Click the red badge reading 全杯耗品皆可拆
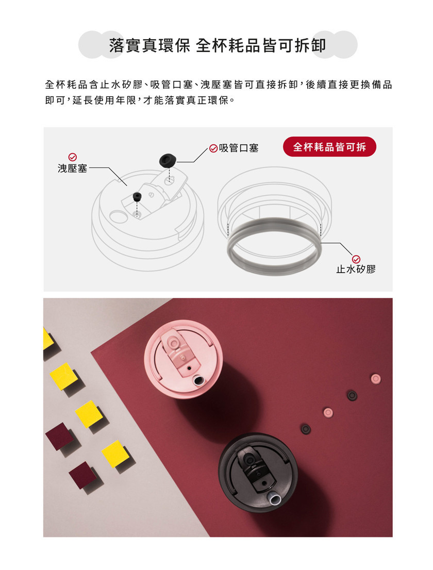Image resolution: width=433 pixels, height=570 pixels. pos(329,147)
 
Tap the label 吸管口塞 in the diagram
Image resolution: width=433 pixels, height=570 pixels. pos(239,148)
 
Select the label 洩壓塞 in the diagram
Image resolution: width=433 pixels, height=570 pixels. pos(72,169)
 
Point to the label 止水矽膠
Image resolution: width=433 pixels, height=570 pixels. pos(356,270)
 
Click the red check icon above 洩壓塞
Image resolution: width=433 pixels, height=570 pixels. pos(73,157)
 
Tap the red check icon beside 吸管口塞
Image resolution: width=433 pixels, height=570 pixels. pos(213,148)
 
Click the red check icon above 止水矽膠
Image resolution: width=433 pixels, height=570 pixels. pos(356,259)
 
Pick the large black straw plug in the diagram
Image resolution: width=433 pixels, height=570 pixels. pos(167,160)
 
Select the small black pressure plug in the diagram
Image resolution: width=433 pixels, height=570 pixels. pos(137,196)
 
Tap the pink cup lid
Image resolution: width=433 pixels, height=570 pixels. pos(183,359)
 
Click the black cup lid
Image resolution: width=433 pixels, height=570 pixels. pos(258,473)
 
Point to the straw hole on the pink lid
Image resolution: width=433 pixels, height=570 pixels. pos(198,381)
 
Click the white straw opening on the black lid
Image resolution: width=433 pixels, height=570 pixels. pos(275,498)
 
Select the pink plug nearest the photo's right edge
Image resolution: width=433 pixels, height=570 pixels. pos(376,379)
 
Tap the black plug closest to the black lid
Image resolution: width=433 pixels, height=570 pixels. pos(305,429)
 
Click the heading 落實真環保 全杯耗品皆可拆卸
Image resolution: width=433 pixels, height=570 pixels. pos(218,45)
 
